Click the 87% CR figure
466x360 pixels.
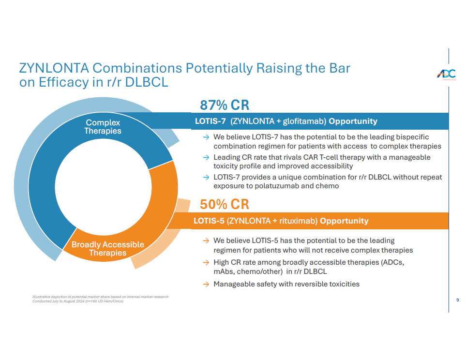click(x=224, y=105)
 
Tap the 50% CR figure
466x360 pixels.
click(x=224, y=204)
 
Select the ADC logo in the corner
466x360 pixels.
click(x=446, y=75)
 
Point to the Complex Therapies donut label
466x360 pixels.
click(x=103, y=127)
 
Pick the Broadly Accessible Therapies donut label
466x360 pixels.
click(x=107, y=249)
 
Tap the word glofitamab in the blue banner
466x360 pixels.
click(x=304, y=121)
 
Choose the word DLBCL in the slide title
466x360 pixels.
click(x=147, y=82)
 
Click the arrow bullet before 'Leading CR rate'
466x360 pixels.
click(x=206, y=158)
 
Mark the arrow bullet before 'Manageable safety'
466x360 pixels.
click(x=206, y=284)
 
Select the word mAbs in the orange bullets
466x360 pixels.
click(x=223, y=271)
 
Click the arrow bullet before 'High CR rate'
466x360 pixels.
click(x=206, y=262)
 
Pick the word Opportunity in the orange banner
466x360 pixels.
click(x=344, y=221)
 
